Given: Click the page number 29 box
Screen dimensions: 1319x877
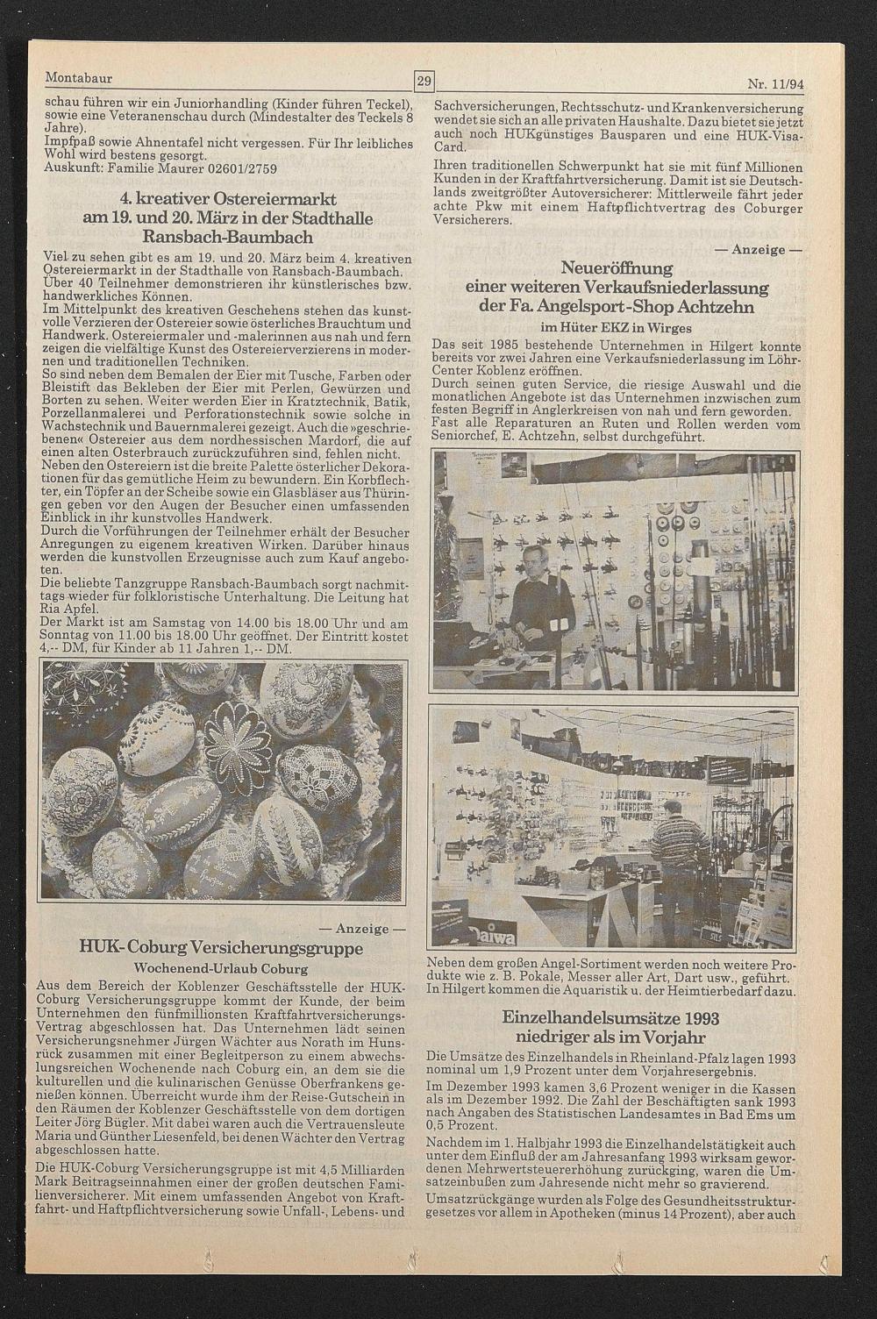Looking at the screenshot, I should tap(424, 82).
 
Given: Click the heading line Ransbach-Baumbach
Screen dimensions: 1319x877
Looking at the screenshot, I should tap(222, 237).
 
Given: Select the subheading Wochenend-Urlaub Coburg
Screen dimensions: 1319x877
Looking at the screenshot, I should tap(221, 969).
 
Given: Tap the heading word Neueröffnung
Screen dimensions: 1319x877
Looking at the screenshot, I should tap(617, 268).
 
